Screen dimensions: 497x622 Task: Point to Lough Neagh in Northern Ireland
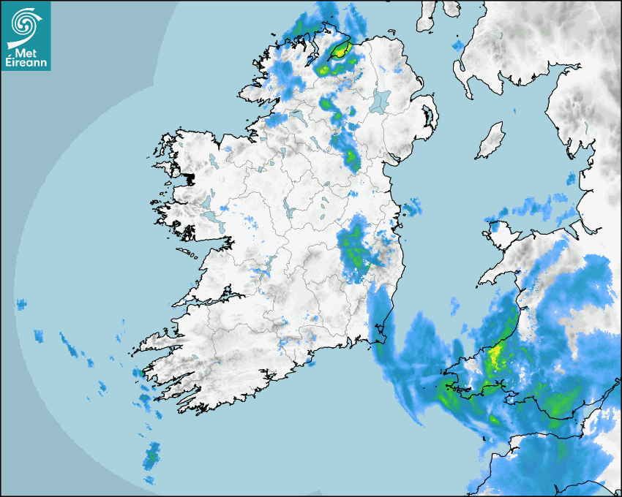pos(381,100)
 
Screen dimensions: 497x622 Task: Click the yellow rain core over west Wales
pos(497,357)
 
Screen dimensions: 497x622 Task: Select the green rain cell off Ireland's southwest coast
pos(151,458)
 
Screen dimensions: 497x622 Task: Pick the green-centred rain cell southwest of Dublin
pos(353,248)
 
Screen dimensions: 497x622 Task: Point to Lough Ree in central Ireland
pos(288,212)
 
